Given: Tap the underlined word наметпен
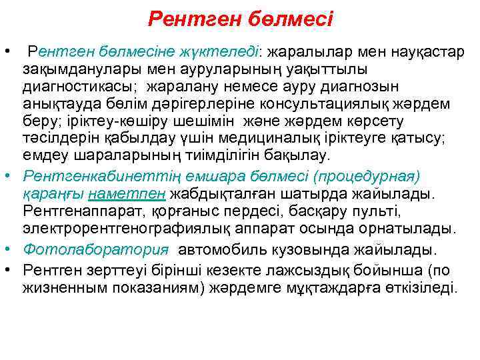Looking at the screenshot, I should (x=137, y=194).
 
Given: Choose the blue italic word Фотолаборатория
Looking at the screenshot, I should (x=95, y=250).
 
